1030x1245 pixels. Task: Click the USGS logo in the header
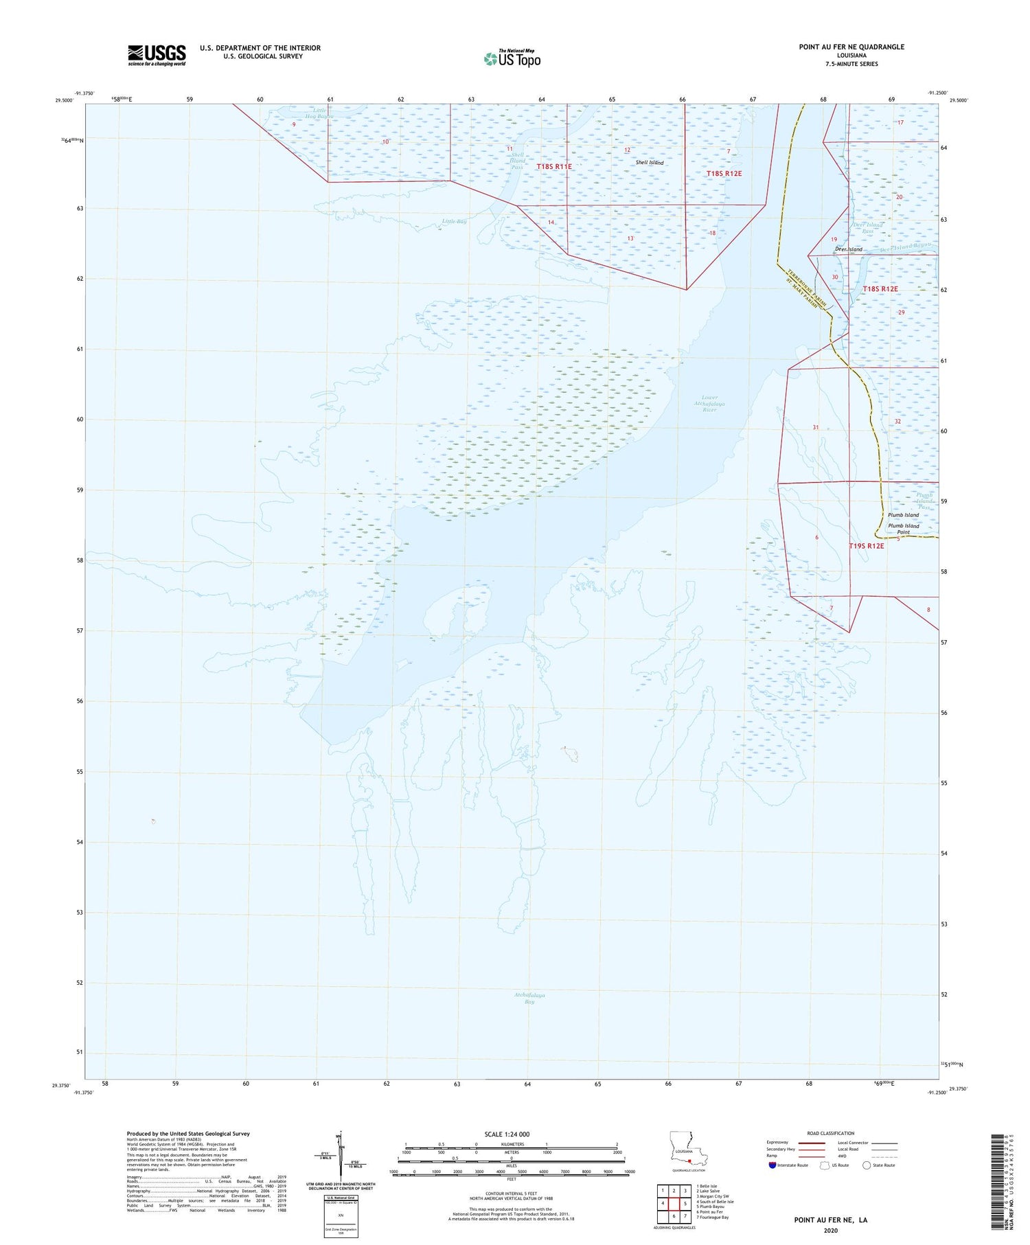pyautogui.click(x=157, y=55)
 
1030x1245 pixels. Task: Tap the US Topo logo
pyautogui.click(x=512, y=59)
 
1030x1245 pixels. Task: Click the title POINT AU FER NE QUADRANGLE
pyautogui.click(x=851, y=47)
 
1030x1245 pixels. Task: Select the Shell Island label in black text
pyautogui.click(x=649, y=163)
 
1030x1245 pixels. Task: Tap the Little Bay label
pyautogui.click(x=454, y=221)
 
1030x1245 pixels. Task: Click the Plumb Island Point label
pyautogui.click(x=903, y=529)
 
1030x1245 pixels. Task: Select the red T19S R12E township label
pyautogui.click(x=866, y=546)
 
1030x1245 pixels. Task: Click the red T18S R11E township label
pyautogui.click(x=553, y=167)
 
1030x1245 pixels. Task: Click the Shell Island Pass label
pyautogui.click(x=517, y=161)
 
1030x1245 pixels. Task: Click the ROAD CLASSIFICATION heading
pyautogui.click(x=830, y=1133)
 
